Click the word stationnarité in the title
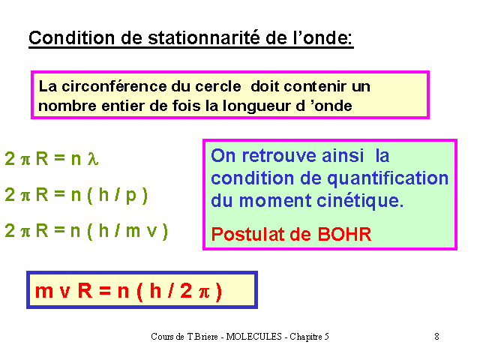click(x=204, y=38)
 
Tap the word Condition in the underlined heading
click(x=72, y=38)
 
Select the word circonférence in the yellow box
click(x=115, y=86)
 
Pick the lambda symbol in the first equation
click(x=93, y=158)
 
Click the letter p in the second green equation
click(x=131, y=196)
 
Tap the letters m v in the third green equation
click(x=142, y=230)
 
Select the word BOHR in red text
click(x=344, y=235)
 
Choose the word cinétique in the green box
click(x=360, y=201)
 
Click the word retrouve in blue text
click(x=279, y=156)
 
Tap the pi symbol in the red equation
click(x=205, y=292)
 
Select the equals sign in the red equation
click(x=105, y=289)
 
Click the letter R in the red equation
click(x=85, y=290)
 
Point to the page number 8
click(x=436, y=337)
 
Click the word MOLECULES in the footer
click(x=253, y=337)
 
